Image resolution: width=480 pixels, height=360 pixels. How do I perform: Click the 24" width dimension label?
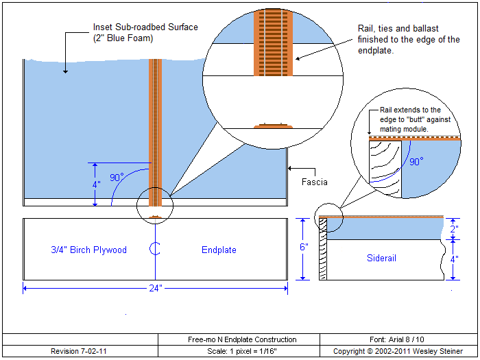pos(156,289)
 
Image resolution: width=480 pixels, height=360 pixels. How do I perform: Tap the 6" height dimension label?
pos(304,247)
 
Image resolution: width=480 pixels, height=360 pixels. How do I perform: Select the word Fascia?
pos(314,183)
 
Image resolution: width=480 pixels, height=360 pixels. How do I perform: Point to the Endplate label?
pos(219,250)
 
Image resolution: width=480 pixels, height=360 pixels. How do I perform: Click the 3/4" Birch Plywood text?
pos(89,250)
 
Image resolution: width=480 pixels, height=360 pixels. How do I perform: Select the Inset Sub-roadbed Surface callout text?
pos(145,32)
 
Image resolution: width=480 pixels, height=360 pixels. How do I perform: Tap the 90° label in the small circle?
pos(416,163)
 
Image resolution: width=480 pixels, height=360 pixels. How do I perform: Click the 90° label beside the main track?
pos(117,178)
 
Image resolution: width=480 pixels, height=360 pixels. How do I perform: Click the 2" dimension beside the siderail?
pos(454,228)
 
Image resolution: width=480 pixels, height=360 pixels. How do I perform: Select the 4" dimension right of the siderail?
pos(454,260)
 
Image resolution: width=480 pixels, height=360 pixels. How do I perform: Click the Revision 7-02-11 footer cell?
pos(79,351)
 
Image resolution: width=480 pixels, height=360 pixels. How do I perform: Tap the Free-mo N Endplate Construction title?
pos(242,339)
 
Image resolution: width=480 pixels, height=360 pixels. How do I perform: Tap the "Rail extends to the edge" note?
pos(411,119)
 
